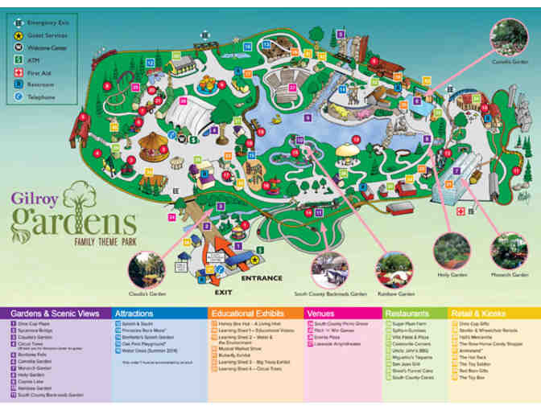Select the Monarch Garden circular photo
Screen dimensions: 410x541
click(x=509, y=252)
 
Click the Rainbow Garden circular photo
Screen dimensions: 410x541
click(x=394, y=269)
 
